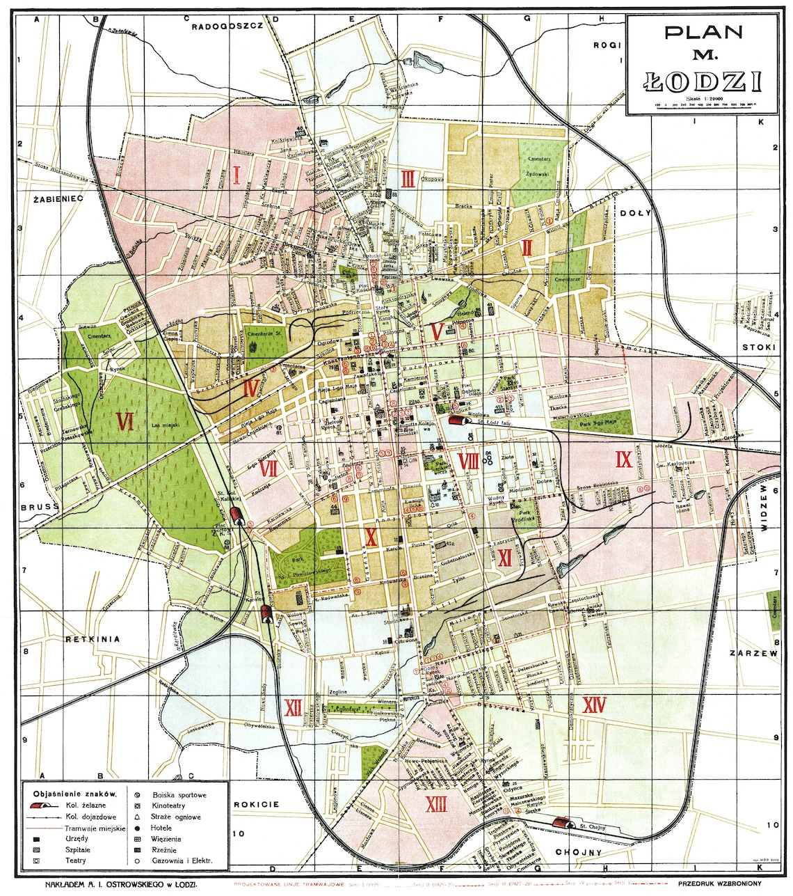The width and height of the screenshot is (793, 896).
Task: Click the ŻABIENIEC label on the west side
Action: (58, 198)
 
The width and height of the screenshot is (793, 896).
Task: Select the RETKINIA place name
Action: (93, 638)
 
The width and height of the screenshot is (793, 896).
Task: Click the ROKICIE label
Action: (256, 804)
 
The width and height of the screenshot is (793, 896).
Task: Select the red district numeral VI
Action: (125, 422)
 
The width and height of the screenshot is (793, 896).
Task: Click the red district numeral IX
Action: (623, 459)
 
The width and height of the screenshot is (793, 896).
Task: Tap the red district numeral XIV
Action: (594, 705)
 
